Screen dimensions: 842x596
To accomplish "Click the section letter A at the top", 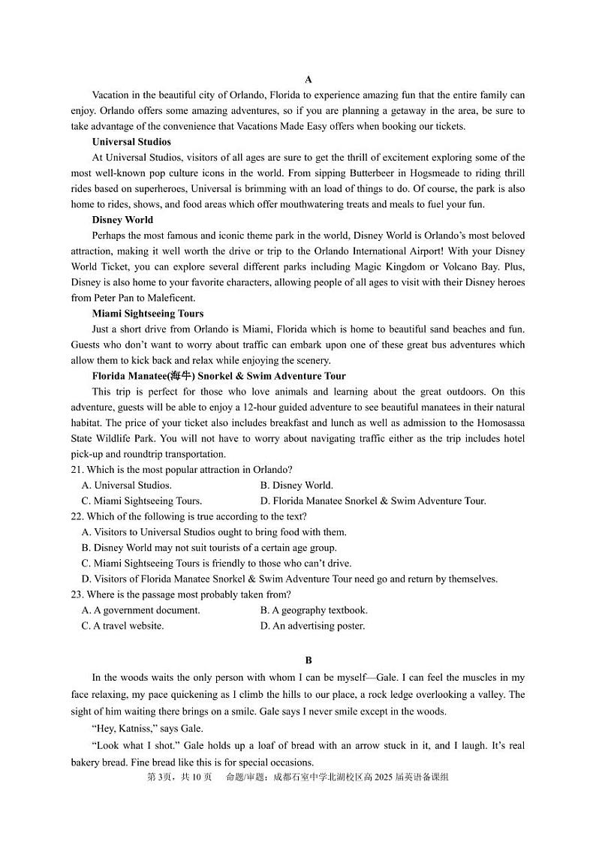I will pos(309,80).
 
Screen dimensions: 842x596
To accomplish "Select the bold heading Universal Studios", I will pos(131,142).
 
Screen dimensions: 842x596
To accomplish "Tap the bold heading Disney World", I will pos(122,220).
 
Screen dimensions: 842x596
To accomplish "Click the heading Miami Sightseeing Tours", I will pos(147,314).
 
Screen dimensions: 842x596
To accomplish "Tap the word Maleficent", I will pos(172,298).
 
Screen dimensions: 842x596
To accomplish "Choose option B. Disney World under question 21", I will pos(296,486).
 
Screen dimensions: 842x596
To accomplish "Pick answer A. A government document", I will pos(141,610).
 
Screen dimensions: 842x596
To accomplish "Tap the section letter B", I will pos(309,660).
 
